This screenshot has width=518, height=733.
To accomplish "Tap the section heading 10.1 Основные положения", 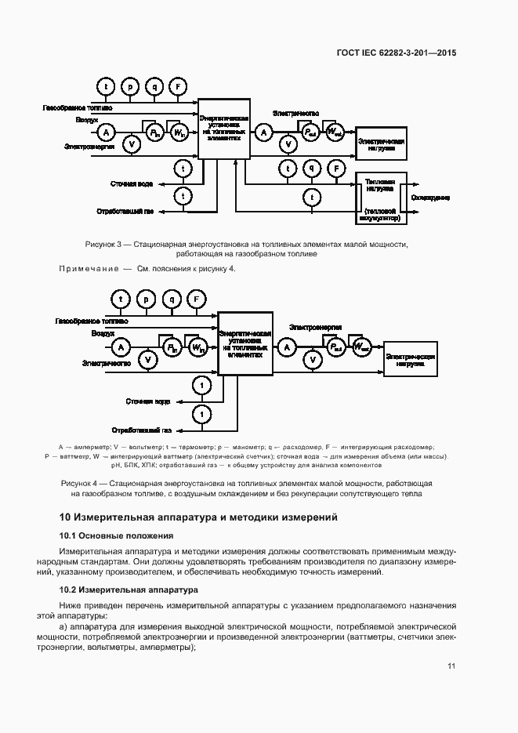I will point(116,535).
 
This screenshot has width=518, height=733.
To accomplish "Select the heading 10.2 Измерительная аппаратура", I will point(129,589).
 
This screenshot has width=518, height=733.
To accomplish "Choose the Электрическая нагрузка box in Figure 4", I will point(411,359).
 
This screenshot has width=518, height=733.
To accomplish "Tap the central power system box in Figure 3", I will point(223,129).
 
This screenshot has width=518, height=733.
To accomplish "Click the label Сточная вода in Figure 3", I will point(131,184).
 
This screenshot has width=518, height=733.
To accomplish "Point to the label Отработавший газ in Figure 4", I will point(142,430).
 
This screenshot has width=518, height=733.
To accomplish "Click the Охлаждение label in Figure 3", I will point(429,197).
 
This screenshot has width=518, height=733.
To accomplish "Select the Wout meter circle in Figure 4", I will point(361,346).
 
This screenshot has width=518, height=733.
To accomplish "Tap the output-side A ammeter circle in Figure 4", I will point(288,346).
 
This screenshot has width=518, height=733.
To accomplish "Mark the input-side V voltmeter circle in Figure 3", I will point(132,144).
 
